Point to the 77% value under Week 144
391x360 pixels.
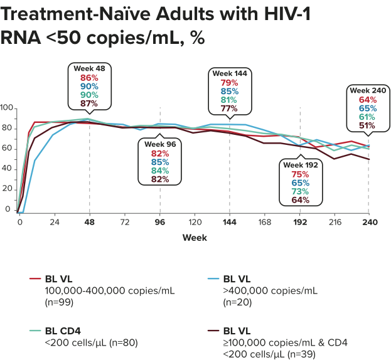tap(229, 108)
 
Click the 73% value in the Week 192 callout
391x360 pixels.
tap(301, 191)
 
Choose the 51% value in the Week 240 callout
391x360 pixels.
tap(368, 125)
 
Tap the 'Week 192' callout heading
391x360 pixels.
tap(301, 164)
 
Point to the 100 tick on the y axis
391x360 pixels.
tap(7, 108)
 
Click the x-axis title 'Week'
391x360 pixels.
tap(195, 238)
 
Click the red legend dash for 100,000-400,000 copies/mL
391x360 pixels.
tap(35, 280)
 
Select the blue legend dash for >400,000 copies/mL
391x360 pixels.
tap(214, 280)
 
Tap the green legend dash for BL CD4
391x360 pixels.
tap(35, 330)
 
